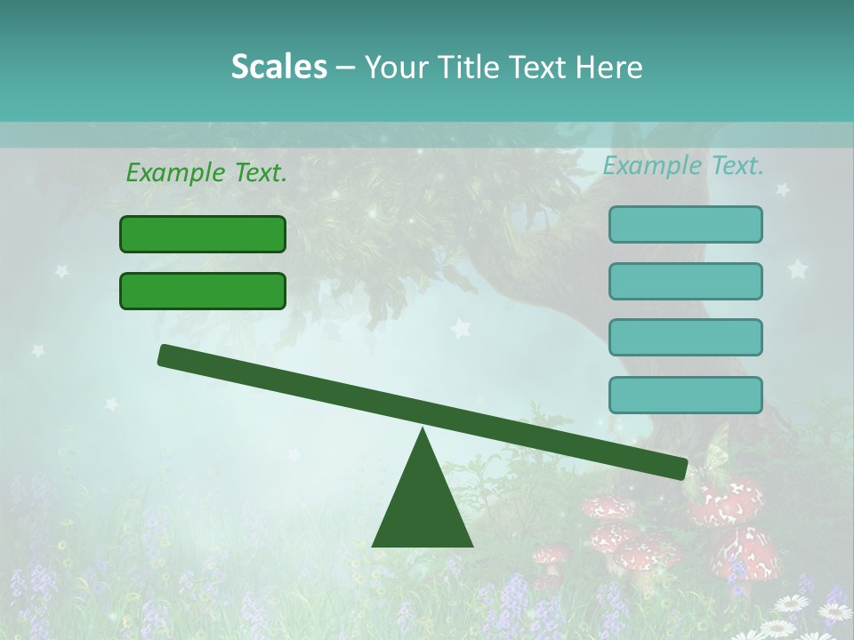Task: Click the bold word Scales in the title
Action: [x=278, y=68]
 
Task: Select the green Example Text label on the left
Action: [x=206, y=172]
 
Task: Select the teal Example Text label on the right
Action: [x=683, y=165]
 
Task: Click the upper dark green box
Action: [x=203, y=234]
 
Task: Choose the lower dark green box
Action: [x=203, y=291]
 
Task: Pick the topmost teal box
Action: [x=685, y=224]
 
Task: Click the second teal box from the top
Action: [x=685, y=281]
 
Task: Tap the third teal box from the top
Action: [x=685, y=337]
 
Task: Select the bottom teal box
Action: [x=685, y=395]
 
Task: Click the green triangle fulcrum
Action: [x=423, y=507]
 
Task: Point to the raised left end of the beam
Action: [x=166, y=355]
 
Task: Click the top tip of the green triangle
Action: [x=423, y=430]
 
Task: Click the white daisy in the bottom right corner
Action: [x=834, y=612]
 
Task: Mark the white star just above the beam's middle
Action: [x=460, y=329]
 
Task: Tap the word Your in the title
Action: [x=395, y=68]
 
